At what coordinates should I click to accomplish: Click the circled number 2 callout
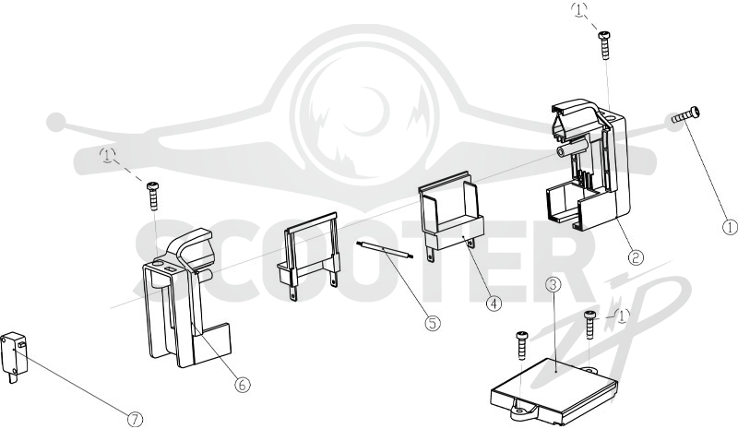point(636,257)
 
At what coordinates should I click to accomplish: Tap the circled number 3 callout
point(553,285)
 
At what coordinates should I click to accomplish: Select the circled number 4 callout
point(494,304)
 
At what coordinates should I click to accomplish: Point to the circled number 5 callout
point(433,323)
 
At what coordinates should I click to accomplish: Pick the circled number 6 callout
point(243,385)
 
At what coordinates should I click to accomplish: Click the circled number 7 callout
point(135,419)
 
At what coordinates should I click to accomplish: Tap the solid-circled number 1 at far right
point(730,228)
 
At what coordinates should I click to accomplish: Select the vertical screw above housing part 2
point(604,44)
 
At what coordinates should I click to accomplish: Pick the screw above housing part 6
point(153,197)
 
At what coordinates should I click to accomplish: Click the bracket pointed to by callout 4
point(450,212)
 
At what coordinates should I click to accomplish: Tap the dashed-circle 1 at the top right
point(579,9)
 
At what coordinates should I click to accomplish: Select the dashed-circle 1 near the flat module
point(622,316)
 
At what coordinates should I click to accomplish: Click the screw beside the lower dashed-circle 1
point(590,324)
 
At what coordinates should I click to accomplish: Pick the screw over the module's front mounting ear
point(522,345)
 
